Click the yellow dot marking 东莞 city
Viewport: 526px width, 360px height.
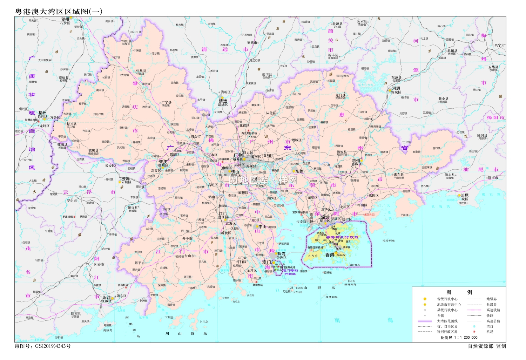(294, 171)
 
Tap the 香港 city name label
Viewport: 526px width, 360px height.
(330, 255)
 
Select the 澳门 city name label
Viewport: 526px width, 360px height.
(267, 262)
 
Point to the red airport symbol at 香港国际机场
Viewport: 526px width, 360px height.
(311, 250)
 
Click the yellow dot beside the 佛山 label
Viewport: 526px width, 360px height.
(230, 172)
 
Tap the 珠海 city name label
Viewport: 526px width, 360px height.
(281, 254)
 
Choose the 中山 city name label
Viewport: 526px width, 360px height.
(262, 226)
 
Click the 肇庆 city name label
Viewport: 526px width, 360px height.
(163, 162)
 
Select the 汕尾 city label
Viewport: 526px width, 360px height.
(465, 195)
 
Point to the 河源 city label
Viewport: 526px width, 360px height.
(396, 88)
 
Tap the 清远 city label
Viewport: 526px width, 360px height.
(223, 101)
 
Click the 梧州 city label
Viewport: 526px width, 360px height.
(42, 113)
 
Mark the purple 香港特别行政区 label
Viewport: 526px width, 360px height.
(342, 237)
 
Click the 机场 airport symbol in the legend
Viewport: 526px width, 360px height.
(474, 332)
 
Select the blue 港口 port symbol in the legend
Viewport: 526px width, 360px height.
(474, 326)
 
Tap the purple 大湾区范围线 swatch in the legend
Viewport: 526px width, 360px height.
(425, 321)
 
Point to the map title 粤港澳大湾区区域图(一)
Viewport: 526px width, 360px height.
(59, 11)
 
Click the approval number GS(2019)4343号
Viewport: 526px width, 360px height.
(42, 346)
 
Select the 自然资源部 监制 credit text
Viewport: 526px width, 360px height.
(487, 346)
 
